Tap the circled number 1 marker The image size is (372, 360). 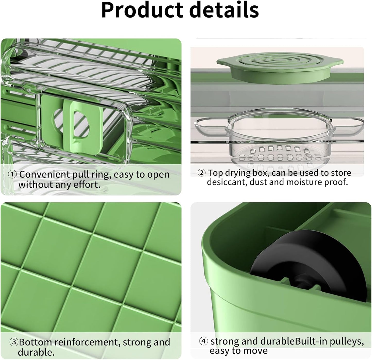tap(12, 174)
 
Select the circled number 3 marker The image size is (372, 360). tap(14, 342)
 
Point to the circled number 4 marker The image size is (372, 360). tap(204, 341)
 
